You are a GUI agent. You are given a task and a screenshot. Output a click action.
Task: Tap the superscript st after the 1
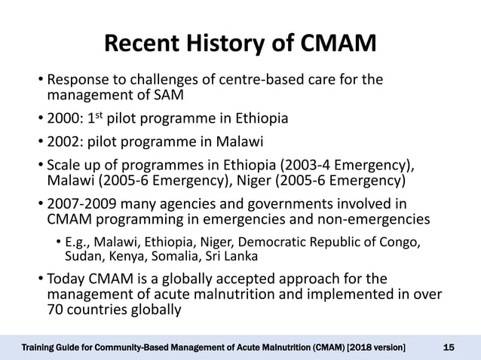pos(114,114)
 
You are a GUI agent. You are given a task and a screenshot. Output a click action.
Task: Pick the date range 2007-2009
pos(81,204)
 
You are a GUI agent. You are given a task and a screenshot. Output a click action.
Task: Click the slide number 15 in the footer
pos(449,346)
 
